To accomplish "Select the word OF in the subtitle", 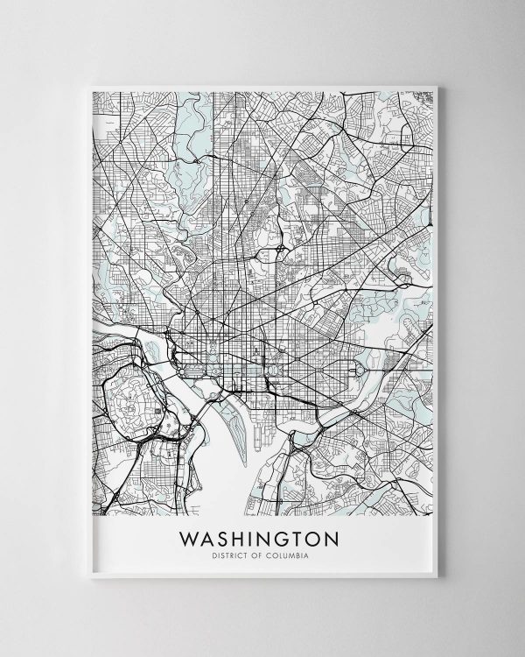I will click(248, 552).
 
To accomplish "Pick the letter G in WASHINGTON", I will click(266, 535).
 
